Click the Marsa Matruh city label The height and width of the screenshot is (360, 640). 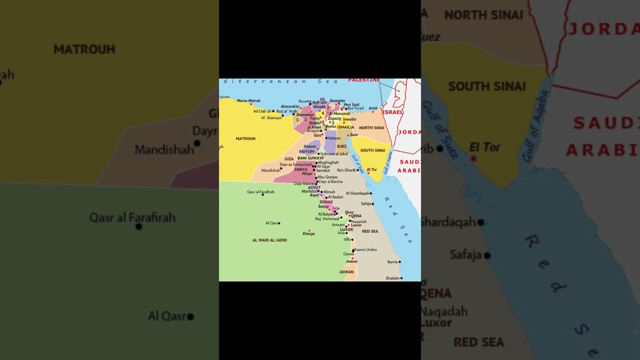[248, 100]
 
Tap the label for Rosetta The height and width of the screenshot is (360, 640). [305, 101]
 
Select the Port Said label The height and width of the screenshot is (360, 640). [351, 105]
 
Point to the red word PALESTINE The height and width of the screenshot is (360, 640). [364, 80]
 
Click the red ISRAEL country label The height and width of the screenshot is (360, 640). [392, 112]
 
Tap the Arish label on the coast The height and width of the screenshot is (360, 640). [373, 108]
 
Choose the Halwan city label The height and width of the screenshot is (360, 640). [334, 138]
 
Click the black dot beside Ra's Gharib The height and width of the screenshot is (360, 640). [358, 170]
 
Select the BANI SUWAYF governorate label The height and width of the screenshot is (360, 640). [310, 158]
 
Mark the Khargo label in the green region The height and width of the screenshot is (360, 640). [308, 233]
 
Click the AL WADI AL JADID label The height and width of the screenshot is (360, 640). [269, 240]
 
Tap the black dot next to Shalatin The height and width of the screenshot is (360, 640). [401, 278]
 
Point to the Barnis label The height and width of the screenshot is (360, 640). [392, 261]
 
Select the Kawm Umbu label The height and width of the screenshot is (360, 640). [366, 249]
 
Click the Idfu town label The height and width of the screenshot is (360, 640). [347, 239]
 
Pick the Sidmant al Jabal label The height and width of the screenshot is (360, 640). [334, 153]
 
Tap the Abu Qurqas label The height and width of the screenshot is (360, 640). [327, 177]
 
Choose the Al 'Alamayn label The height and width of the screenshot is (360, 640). [271, 117]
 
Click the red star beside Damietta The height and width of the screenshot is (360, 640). [336, 104]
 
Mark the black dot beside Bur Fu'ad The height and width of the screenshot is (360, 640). [346, 108]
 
